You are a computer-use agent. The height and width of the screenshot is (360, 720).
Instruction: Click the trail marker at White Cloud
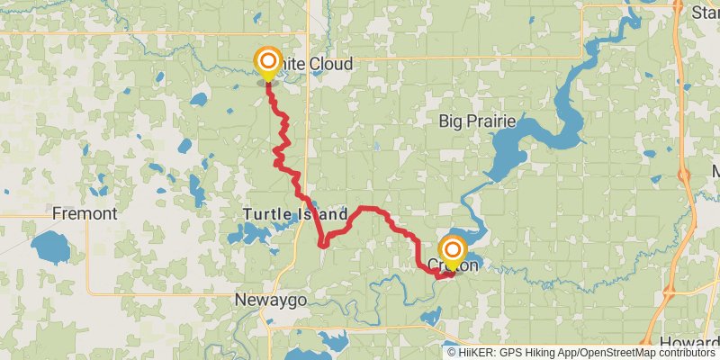[x=268, y=62]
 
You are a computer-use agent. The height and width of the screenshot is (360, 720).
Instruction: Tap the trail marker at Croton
[x=452, y=249]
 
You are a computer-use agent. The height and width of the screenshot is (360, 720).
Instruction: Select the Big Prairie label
[x=474, y=121]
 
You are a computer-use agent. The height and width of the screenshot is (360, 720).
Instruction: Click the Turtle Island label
[x=294, y=215]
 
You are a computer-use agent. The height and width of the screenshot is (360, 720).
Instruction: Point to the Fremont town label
[x=85, y=214]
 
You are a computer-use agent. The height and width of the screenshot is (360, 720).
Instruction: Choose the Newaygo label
[x=270, y=300]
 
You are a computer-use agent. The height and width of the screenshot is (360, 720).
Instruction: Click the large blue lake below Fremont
[x=49, y=248]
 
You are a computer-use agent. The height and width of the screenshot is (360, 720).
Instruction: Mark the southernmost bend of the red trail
[x=440, y=276]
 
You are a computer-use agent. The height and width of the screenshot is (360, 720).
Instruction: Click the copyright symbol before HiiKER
[x=452, y=353]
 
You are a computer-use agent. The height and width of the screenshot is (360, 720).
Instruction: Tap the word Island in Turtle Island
[x=321, y=215]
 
